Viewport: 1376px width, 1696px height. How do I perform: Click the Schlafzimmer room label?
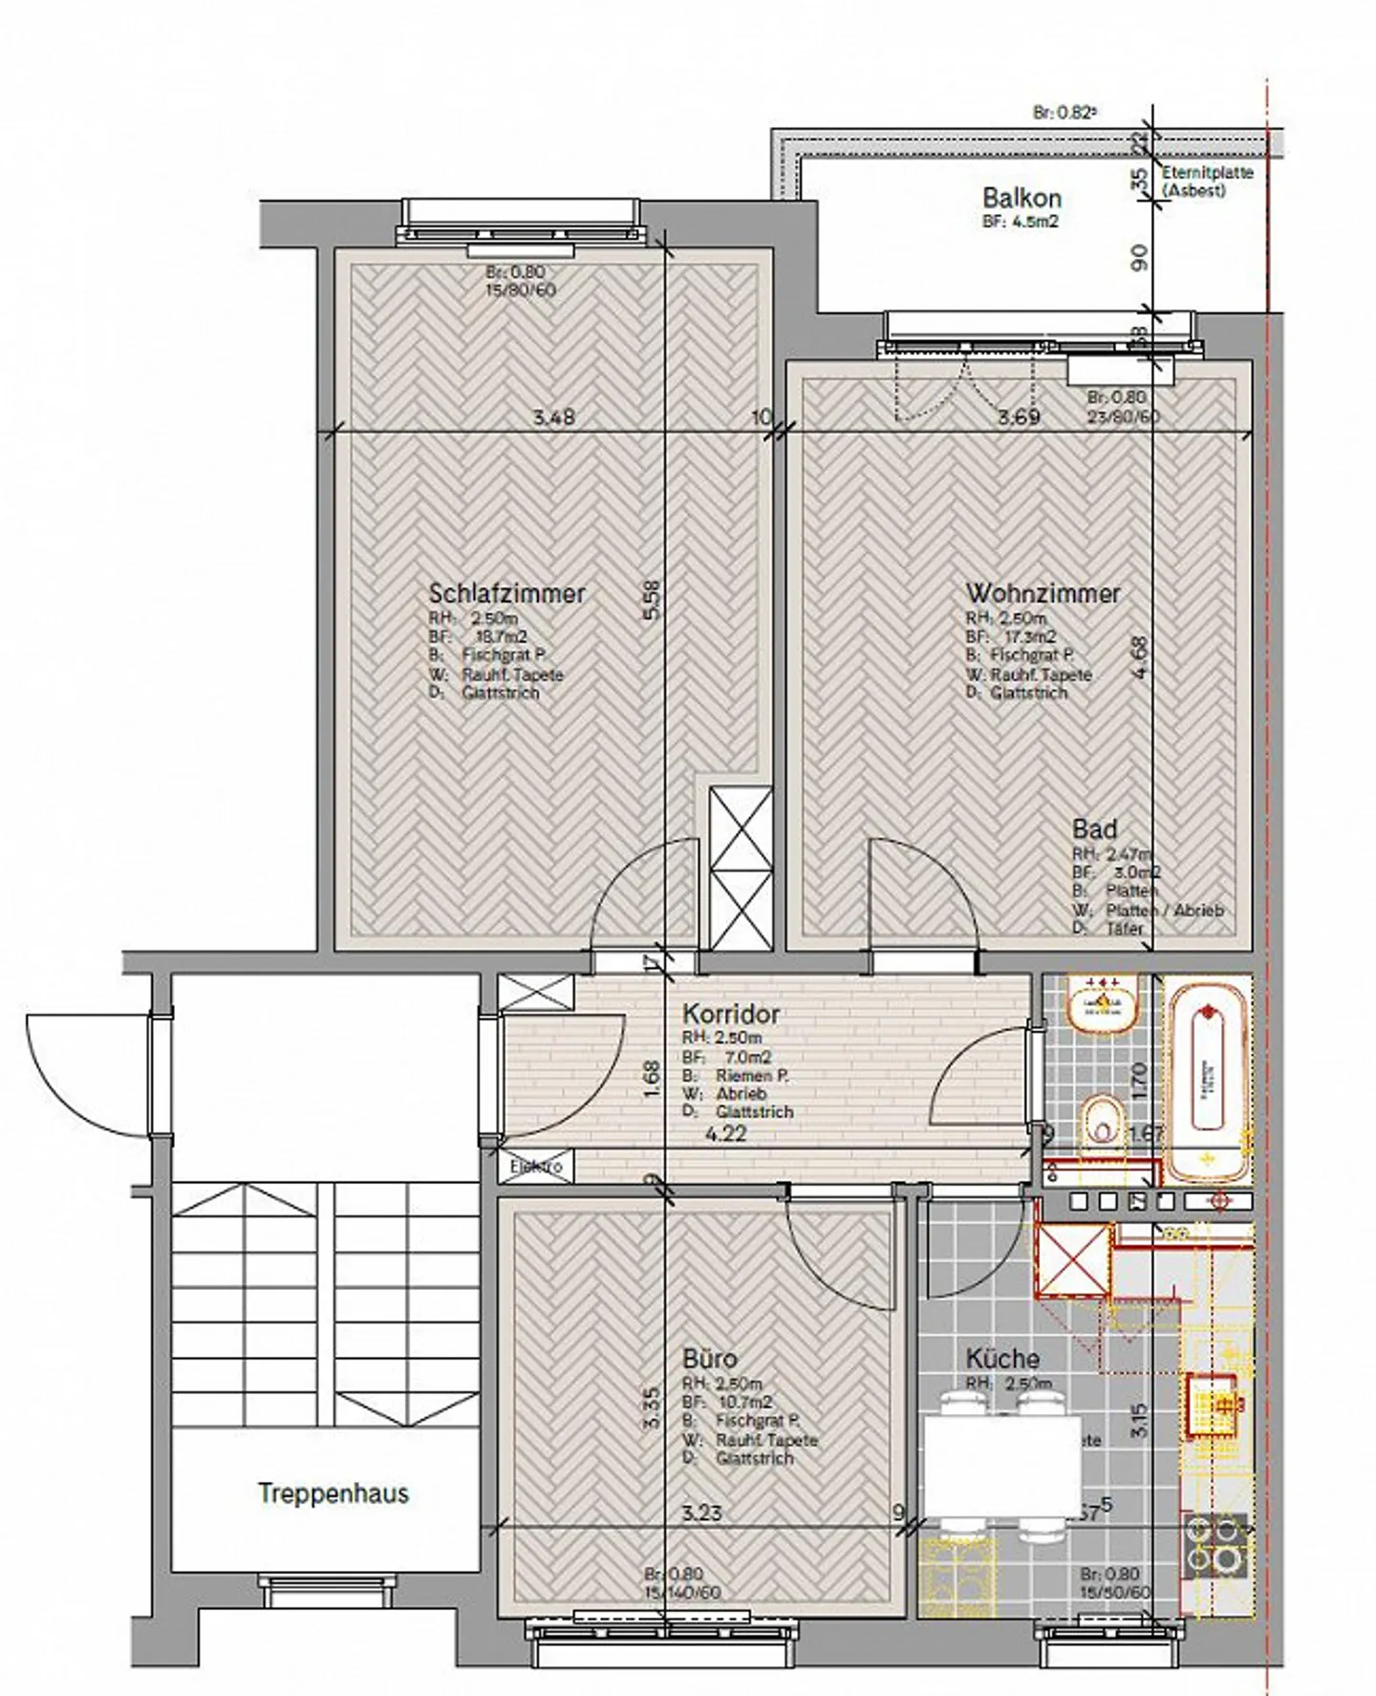tap(506, 593)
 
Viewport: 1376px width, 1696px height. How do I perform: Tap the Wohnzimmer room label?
tap(1043, 593)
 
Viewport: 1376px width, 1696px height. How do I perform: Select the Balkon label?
tap(1021, 199)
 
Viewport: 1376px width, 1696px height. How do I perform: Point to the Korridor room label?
tap(731, 1014)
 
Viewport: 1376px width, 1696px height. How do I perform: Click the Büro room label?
tap(709, 1359)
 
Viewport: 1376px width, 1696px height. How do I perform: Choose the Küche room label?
tap(1001, 1359)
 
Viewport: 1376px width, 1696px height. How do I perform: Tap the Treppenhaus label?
tap(333, 1493)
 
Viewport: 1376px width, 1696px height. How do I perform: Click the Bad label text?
tap(1094, 829)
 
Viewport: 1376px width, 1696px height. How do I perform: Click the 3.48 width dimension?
tap(554, 418)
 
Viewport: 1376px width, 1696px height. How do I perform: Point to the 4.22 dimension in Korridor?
tap(724, 1135)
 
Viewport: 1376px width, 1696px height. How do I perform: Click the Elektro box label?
tap(535, 1167)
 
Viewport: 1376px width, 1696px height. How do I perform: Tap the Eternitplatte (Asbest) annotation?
tap(1207, 182)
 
